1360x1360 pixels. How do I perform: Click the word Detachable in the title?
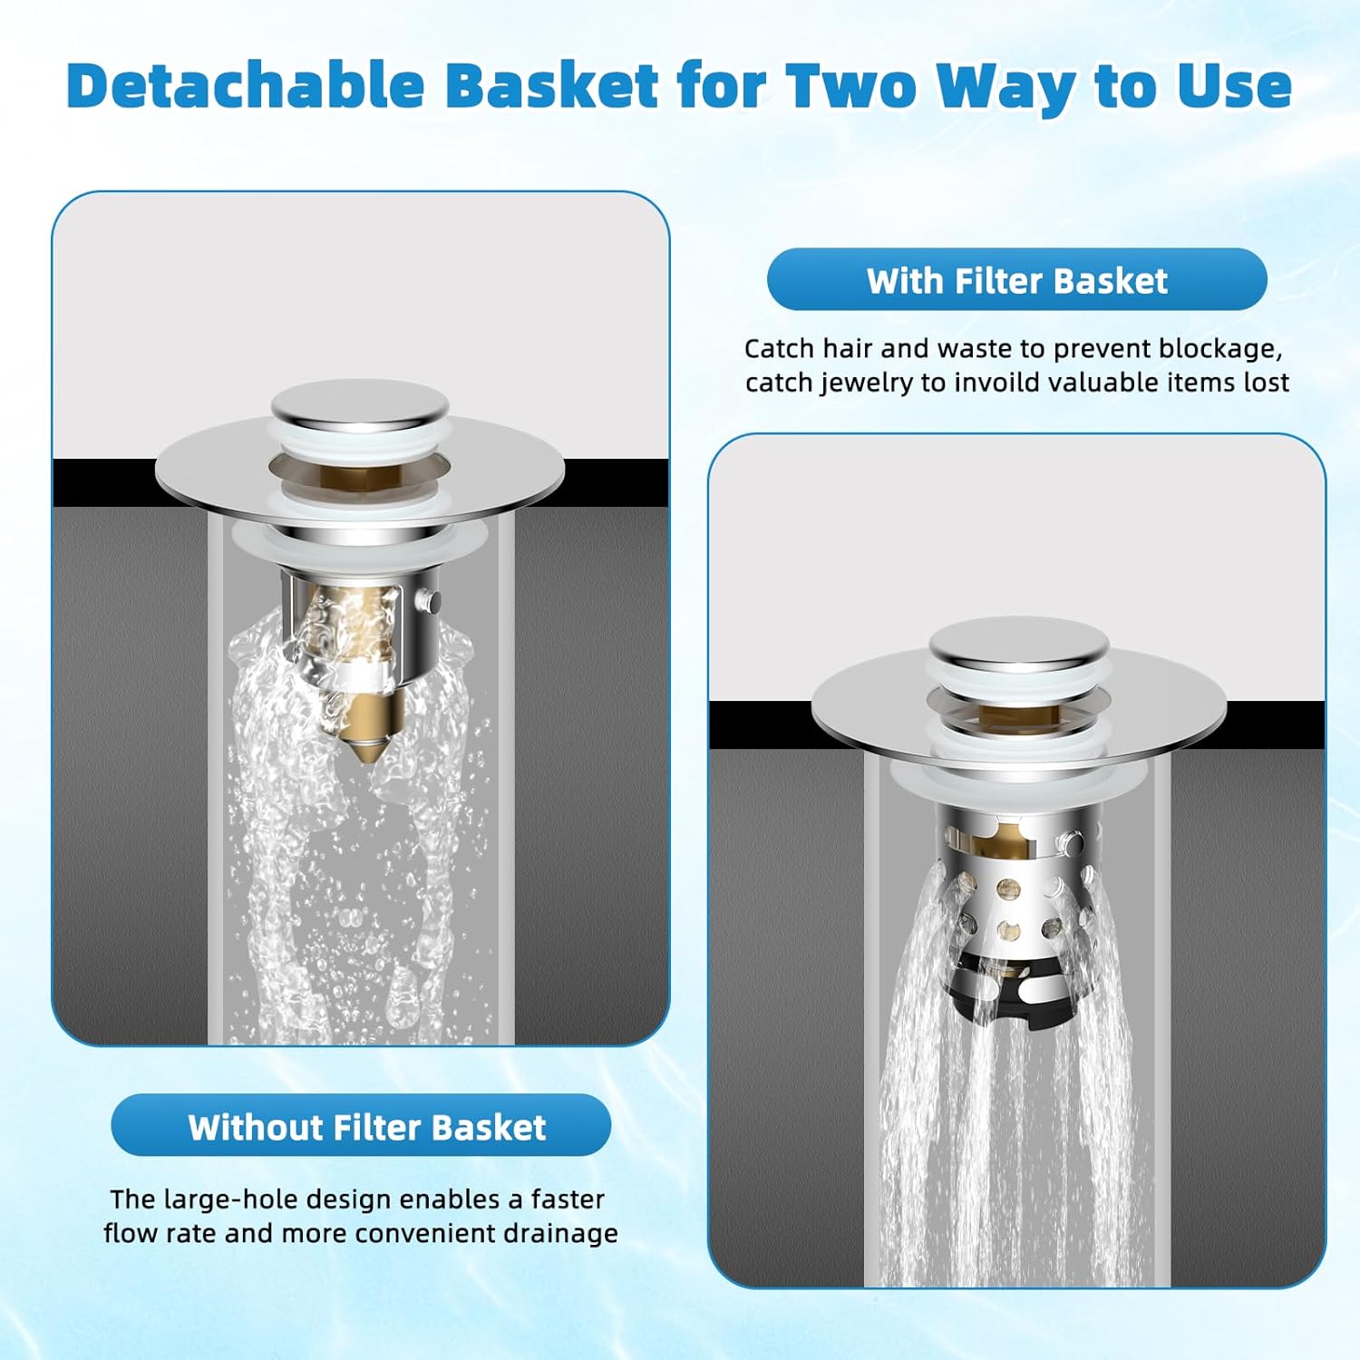(246, 86)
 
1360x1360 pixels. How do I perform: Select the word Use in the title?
(1234, 86)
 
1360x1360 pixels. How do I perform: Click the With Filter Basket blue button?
(1016, 280)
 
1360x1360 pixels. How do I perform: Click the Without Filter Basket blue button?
(361, 1126)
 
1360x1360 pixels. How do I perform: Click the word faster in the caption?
(568, 1200)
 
